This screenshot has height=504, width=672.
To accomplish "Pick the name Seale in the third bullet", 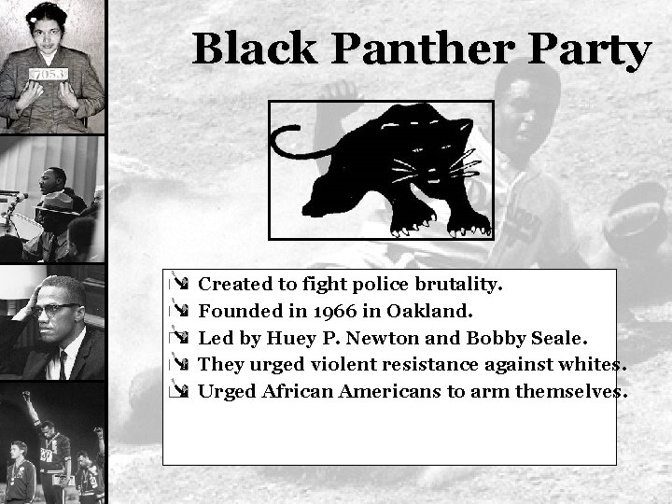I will pyautogui.click(x=560, y=337).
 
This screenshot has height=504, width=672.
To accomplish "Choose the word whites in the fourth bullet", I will pyautogui.click(x=587, y=364).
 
